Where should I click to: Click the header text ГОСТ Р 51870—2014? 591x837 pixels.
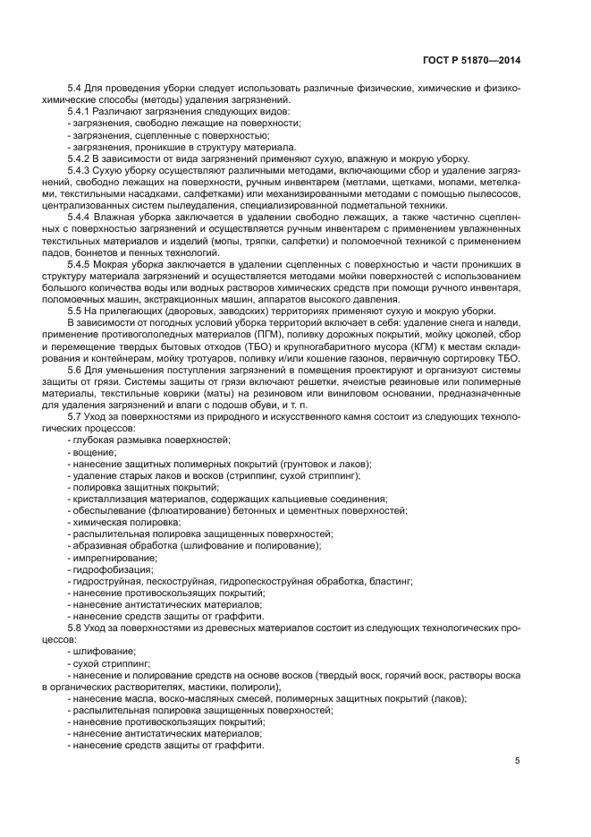pos(473,59)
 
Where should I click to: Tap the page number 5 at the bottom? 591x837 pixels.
pos(518,761)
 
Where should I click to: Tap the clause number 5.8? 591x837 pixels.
pos(75,628)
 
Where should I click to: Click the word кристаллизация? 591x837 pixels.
pos(111,499)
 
